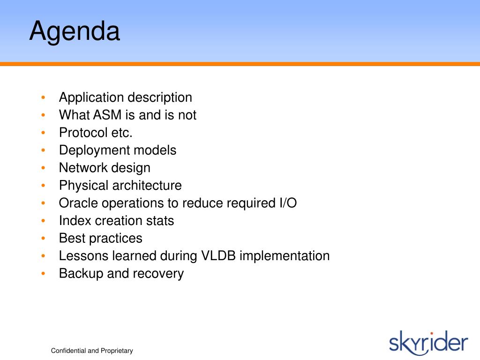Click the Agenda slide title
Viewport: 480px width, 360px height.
(75, 31)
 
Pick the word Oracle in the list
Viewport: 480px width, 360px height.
(78, 203)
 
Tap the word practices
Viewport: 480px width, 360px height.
(116, 239)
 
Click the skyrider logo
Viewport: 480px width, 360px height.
(428, 343)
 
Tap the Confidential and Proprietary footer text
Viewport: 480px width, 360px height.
(92, 351)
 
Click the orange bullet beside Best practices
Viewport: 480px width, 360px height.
(43, 238)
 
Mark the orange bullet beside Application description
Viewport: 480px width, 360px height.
(43, 97)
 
